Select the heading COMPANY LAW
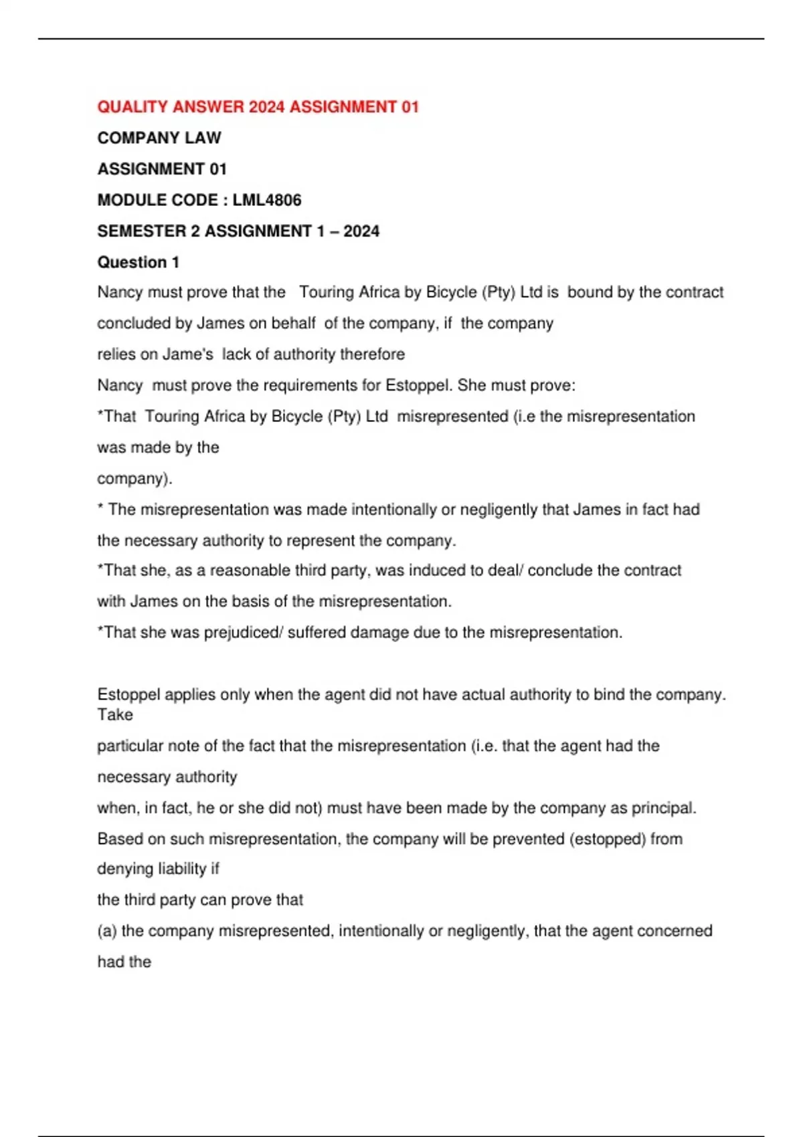[159, 138]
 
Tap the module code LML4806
[267, 200]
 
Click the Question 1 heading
[139, 262]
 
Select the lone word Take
[115, 715]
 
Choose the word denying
[124, 869]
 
